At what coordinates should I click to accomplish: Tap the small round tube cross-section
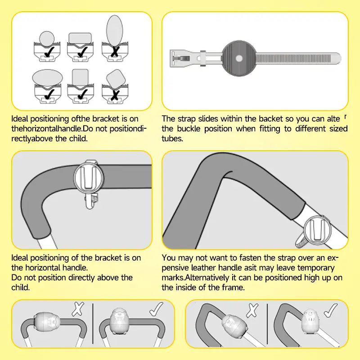tap(47, 38)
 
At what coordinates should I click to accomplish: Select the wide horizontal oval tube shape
tap(48, 77)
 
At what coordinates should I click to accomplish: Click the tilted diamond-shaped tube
tap(116, 79)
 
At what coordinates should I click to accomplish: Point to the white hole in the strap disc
tap(239, 58)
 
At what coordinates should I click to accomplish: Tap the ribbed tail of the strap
tap(298, 58)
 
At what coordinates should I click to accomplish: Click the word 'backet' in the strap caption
tap(271, 119)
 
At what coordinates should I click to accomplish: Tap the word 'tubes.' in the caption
tap(172, 139)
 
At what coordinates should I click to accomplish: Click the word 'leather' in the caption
tap(203, 268)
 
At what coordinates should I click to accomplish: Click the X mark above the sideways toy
tap(78, 309)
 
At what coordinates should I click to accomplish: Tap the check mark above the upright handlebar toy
tap(156, 309)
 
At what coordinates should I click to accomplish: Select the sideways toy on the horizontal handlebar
tap(47, 321)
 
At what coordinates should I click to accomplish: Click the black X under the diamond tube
tap(115, 95)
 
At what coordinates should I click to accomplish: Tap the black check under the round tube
tap(49, 52)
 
